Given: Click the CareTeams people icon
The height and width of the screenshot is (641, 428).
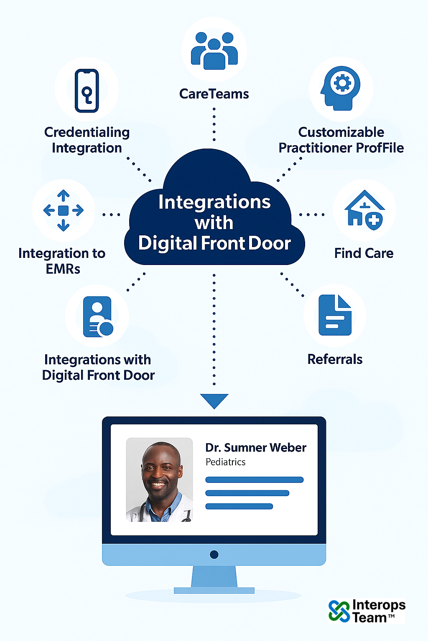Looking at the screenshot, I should (x=214, y=50).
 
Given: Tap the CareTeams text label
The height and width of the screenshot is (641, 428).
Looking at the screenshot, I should (x=214, y=94).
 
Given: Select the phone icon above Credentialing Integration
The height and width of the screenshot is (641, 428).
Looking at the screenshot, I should (x=87, y=91).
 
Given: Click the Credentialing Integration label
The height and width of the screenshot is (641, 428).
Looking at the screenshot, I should (x=87, y=140).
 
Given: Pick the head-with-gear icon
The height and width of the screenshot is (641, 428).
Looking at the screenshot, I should (x=341, y=88).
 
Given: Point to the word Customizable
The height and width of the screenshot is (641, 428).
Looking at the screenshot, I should (x=341, y=132).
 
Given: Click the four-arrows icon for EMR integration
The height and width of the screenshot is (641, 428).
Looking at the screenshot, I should (x=63, y=210).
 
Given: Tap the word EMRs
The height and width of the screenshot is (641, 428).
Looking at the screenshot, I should (x=63, y=269).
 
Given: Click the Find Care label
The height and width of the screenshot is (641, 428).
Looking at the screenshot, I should (x=364, y=253).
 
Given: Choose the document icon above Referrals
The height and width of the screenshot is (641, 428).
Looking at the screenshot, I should (x=335, y=315).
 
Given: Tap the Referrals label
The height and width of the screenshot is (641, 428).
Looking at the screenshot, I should (x=335, y=359).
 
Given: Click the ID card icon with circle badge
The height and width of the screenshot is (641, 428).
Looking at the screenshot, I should (x=98, y=317).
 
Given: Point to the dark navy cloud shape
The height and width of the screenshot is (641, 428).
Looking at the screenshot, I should (x=214, y=217).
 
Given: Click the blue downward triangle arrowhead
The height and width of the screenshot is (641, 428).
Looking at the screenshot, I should (x=214, y=400).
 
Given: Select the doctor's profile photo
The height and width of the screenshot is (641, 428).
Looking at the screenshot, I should (x=159, y=479).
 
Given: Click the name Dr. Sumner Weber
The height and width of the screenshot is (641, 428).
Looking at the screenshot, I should (x=256, y=448).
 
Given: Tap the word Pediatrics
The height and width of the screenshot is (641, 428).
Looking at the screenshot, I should (x=225, y=462).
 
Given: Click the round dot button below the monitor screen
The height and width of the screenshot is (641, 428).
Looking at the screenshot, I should (x=214, y=555).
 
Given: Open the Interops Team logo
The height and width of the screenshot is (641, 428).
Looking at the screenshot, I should (x=367, y=611).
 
